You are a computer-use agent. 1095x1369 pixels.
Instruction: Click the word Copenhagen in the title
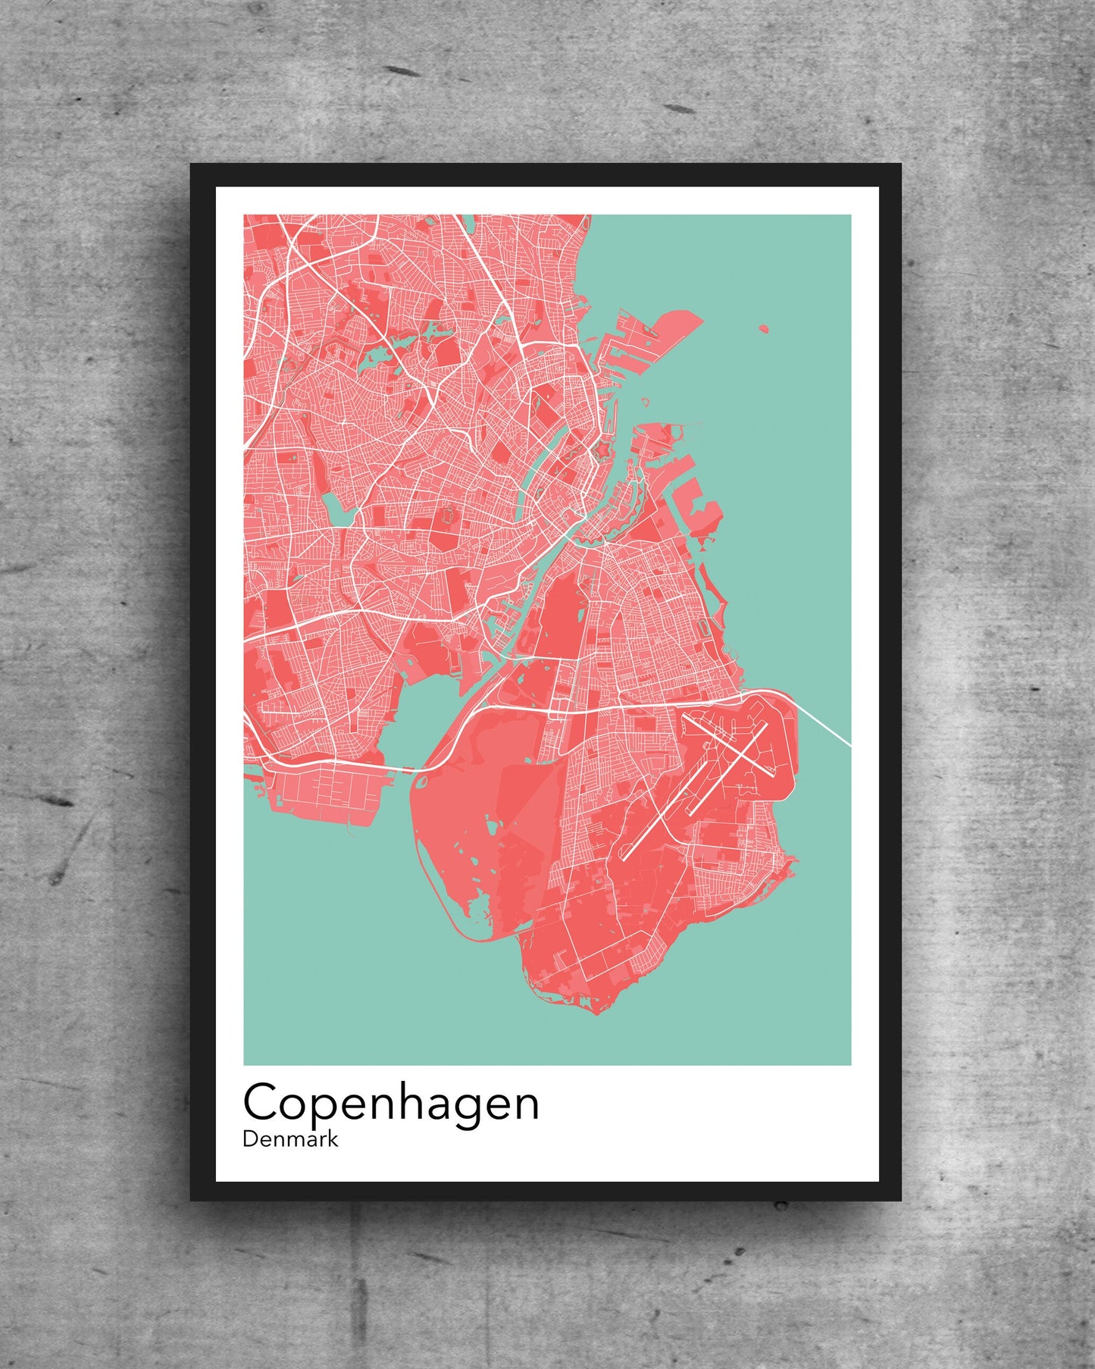[390, 1104]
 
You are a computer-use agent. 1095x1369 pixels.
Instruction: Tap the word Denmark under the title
[290, 1139]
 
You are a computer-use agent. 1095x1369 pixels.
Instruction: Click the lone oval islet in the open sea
[763, 329]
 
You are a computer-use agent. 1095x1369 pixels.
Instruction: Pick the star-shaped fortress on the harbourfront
[603, 451]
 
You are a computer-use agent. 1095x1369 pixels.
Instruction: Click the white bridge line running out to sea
[826, 728]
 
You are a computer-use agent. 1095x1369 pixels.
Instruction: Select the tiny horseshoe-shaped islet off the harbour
[646, 402]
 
